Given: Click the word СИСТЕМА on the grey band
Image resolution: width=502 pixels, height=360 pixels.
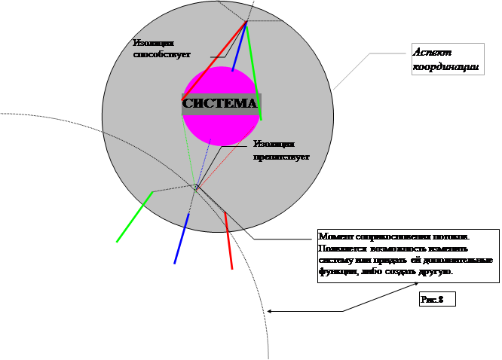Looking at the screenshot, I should [221, 103].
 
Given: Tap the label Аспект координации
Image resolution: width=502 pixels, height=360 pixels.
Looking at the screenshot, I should [445, 59].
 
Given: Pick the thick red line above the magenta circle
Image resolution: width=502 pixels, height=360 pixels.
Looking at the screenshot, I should [214, 61].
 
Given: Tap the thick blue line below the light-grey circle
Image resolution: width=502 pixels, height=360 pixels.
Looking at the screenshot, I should [181, 239].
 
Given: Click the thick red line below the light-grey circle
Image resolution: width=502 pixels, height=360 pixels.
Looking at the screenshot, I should [228, 241].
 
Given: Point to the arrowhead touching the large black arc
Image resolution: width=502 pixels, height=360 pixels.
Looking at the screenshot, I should [270, 310].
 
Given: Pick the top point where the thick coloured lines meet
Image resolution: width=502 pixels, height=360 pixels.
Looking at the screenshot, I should [246, 23].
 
